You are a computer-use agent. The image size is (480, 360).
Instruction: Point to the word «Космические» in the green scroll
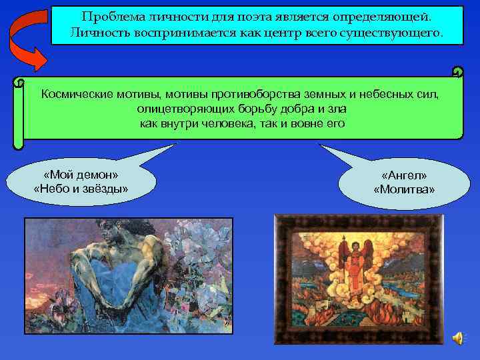coord(77,94)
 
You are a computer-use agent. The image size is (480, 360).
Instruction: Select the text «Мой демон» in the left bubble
coord(81,175)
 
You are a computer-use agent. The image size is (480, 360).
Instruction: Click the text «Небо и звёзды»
coord(81,189)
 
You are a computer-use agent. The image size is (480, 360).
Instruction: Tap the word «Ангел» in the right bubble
coord(404,175)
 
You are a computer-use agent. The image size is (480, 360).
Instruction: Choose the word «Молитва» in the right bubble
coord(404,190)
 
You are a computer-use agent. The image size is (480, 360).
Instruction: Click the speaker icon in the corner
coord(459,338)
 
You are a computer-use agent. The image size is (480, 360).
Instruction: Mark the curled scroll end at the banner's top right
coord(457,72)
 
